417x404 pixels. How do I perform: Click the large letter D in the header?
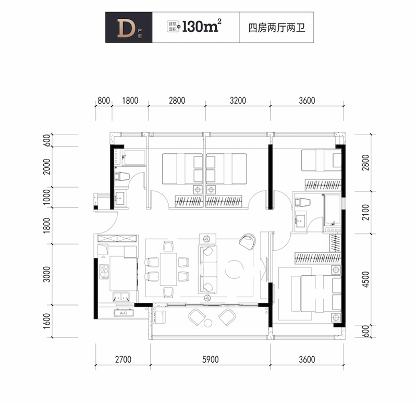point(124,28)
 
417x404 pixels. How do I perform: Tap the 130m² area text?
point(199,28)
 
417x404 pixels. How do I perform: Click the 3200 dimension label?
point(237,101)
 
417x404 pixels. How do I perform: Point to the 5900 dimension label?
point(211,359)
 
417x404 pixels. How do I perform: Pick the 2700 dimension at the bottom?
point(123,359)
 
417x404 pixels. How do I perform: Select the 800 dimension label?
point(103,101)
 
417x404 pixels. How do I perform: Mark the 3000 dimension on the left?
point(47,274)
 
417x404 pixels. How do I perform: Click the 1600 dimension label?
point(47,321)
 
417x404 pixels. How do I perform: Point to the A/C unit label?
point(123,313)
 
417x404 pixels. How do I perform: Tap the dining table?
point(168,269)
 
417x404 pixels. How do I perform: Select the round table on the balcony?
point(208,323)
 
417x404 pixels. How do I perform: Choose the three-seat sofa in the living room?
point(208,269)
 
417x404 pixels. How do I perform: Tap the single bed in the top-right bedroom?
point(321,160)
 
